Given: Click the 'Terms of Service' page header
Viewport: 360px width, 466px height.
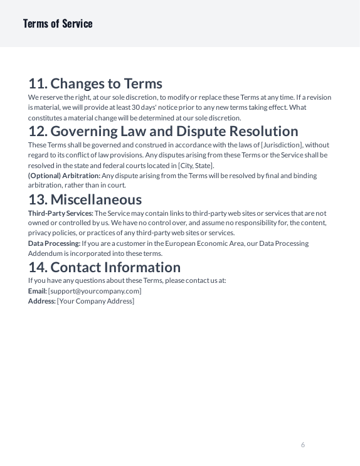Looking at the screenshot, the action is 58,24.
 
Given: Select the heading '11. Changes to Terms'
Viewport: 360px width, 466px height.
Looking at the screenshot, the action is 95,83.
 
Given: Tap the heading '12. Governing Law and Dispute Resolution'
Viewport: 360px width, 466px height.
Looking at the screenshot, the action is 163,131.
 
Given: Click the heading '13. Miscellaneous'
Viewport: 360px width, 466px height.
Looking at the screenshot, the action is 85,199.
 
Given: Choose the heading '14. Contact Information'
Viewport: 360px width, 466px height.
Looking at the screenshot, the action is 104,267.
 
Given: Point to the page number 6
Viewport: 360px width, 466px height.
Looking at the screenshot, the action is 303,445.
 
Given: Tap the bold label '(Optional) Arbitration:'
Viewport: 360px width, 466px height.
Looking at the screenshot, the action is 64,176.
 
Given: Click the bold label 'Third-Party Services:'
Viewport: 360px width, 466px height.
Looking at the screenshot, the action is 60,213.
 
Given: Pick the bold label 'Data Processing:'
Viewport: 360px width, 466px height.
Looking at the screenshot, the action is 54,243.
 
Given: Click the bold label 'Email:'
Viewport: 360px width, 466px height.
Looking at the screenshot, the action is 37,291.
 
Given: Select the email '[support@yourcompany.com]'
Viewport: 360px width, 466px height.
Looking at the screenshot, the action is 95,291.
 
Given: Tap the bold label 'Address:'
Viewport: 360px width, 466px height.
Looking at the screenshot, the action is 41,301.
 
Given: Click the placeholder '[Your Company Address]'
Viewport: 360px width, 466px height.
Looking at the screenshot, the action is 95,301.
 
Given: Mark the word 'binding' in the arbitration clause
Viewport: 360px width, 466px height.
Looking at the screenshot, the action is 305,176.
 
